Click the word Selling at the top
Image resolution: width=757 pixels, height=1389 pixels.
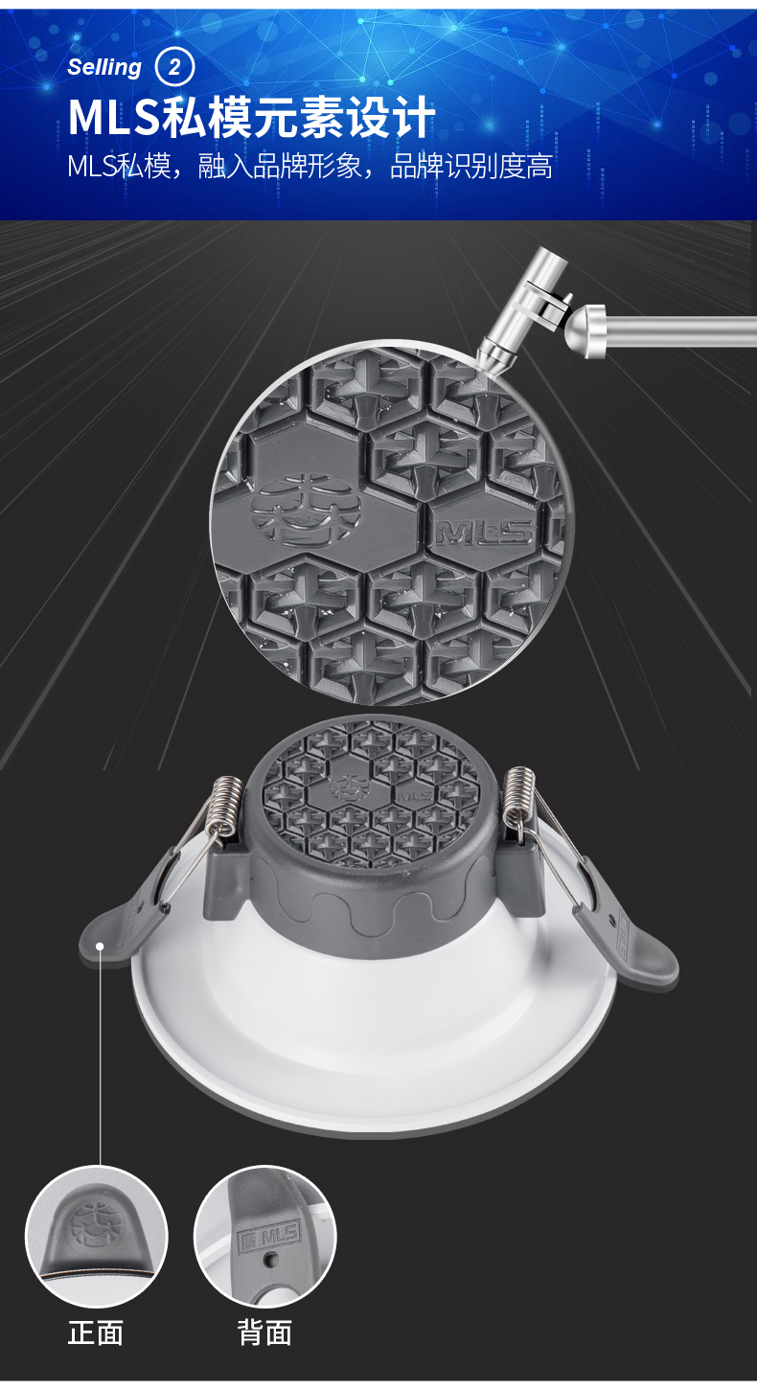coord(104,67)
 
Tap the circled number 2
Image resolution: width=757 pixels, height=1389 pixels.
coord(174,67)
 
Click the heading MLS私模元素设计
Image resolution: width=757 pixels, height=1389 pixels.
coord(251,117)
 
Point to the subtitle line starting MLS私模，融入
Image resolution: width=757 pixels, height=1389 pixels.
coord(310,166)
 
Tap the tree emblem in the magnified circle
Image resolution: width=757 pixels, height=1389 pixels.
coord(306,510)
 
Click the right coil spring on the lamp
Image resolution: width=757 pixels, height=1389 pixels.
coord(520,799)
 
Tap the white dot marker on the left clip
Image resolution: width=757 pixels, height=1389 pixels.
coord(100,946)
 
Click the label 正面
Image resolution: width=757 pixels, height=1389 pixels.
coord(96,1332)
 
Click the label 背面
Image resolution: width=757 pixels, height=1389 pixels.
coord(264,1332)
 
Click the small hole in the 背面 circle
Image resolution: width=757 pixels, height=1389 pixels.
coord(270,1260)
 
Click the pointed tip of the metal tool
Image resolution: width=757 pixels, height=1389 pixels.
coord(478,360)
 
